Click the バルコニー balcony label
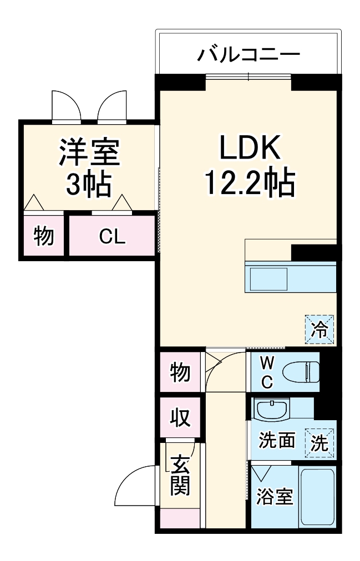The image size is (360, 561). [x=249, y=55]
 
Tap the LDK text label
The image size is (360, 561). [x=249, y=149]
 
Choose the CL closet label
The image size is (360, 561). [x=112, y=237]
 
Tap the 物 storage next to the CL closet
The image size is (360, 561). [x=44, y=236]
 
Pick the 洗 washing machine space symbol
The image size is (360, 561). [x=322, y=442]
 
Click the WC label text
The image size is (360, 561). [x=267, y=372]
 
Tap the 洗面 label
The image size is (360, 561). [x=276, y=441]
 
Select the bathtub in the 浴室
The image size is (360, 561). [x=317, y=496]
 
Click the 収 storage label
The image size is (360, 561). [x=180, y=417]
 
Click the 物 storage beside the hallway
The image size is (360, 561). [x=180, y=373]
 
